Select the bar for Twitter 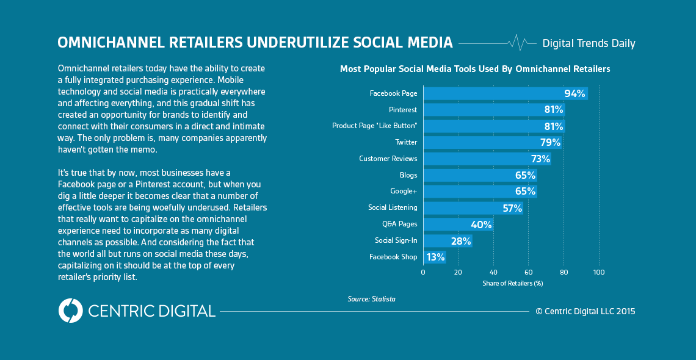tap(492, 142)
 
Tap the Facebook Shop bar tap(435, 257)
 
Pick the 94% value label tap(575, 93)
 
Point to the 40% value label tap(481, 225)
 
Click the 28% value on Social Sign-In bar tap(460, 241)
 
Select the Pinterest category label tap(403, 110)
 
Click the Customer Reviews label tap(388, 159)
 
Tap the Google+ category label tap(404, 192)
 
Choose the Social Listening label tap(393, 208)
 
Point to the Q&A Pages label tap(400, 225)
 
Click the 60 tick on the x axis tap(529, 272)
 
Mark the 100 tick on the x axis tap(599, 272)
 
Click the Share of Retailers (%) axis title tap(512, 283)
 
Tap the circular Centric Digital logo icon tap(70, 311)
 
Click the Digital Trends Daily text tap(589, 43)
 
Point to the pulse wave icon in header tap(518, 43)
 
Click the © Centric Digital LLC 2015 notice tap(585, 311)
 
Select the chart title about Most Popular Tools tap(474, 69)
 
